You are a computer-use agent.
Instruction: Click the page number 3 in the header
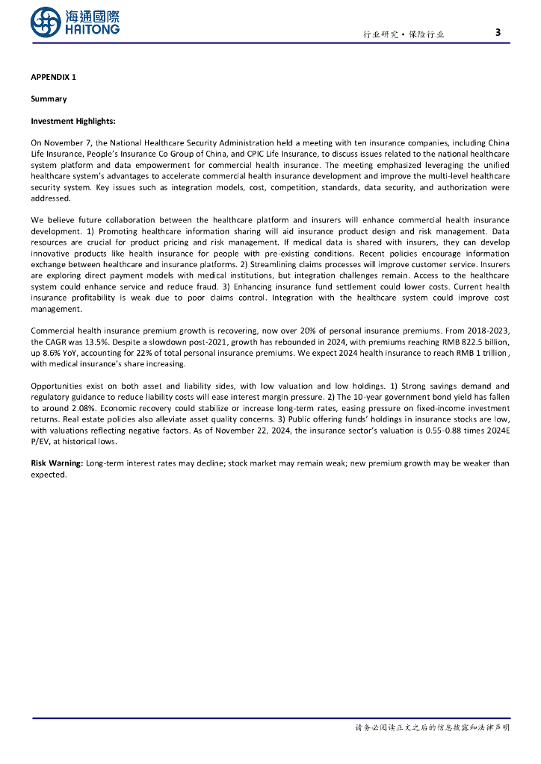498,32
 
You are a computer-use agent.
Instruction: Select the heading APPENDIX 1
53,77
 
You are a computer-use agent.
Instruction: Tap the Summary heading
49,98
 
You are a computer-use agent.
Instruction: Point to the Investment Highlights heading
72,121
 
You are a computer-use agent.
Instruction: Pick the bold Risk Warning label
56,463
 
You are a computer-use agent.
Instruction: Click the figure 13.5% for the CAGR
98,342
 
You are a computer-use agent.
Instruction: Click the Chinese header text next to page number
404,34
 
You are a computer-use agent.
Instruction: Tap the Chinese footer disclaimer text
432,727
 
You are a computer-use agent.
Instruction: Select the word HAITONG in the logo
93,29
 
